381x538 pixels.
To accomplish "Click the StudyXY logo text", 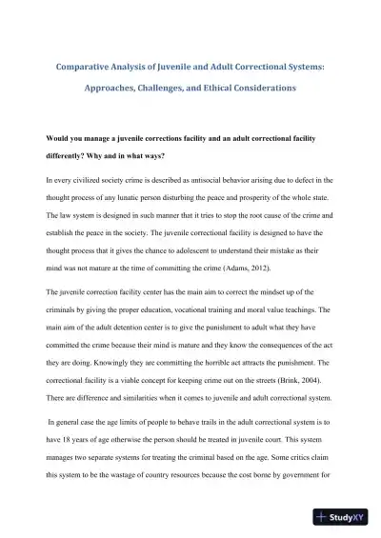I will (348, 519).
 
